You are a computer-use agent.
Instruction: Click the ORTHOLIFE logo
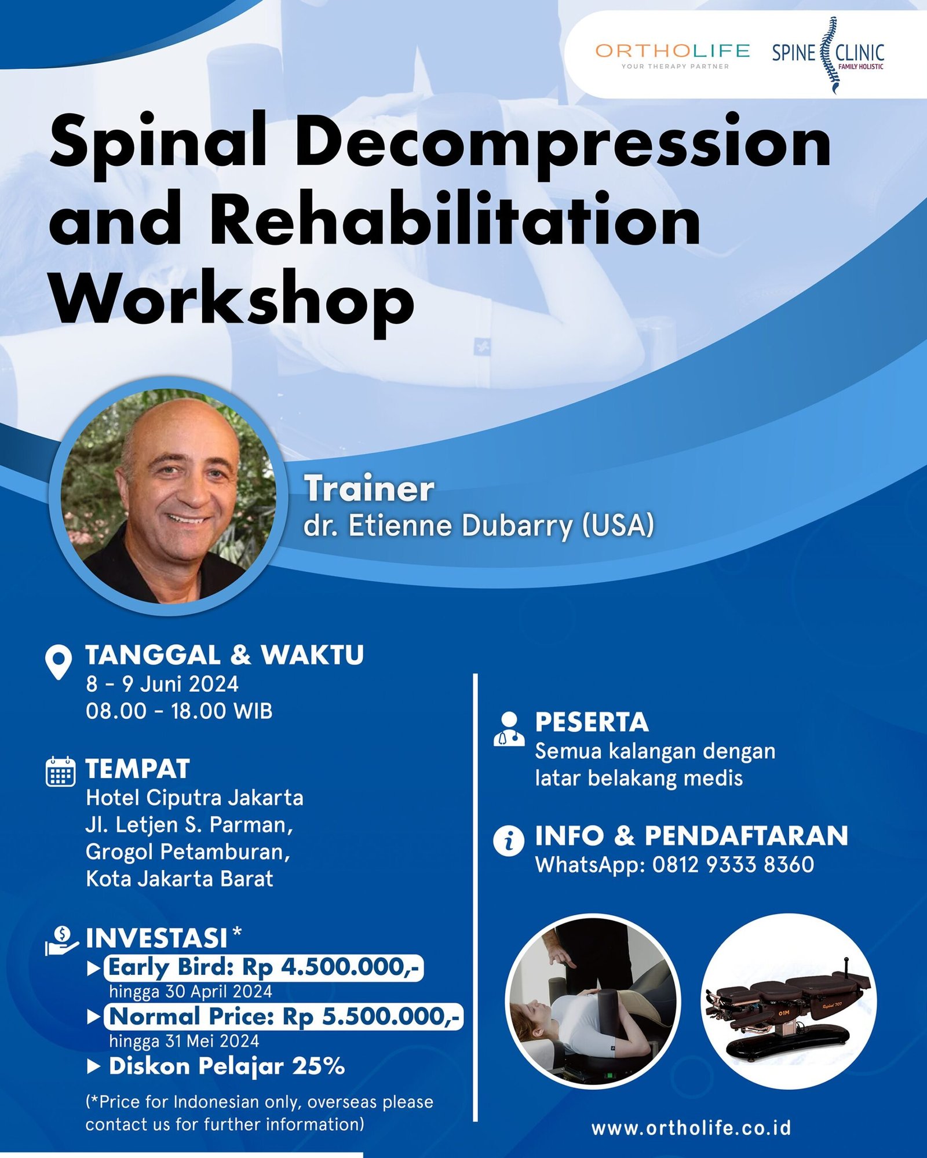click(672, 55)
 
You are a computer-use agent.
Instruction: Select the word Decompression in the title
click(563, 142)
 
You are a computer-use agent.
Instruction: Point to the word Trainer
click(369, 488)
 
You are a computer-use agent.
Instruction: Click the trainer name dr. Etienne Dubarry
click(479, 525)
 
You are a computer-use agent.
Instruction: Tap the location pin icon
click(59, 662)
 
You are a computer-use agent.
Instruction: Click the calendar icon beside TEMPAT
click(60, 772)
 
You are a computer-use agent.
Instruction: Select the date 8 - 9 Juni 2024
click(162, 684)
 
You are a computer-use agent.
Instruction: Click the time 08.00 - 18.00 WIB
click(179, 711)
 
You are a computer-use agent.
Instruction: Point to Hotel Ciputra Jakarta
click(195, 798)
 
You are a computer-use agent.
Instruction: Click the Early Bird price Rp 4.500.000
click(264, 967)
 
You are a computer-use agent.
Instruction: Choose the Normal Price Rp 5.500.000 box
click(284, 1016)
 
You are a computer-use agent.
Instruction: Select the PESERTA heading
click(592, 722)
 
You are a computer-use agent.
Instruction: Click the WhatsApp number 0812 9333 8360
click(733, 864)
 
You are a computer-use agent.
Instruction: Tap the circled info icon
click(509, 840)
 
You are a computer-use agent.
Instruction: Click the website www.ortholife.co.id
click(691, 1128)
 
